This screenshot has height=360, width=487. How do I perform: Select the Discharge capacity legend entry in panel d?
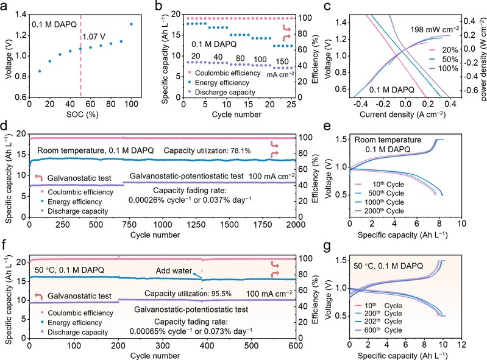70,211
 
